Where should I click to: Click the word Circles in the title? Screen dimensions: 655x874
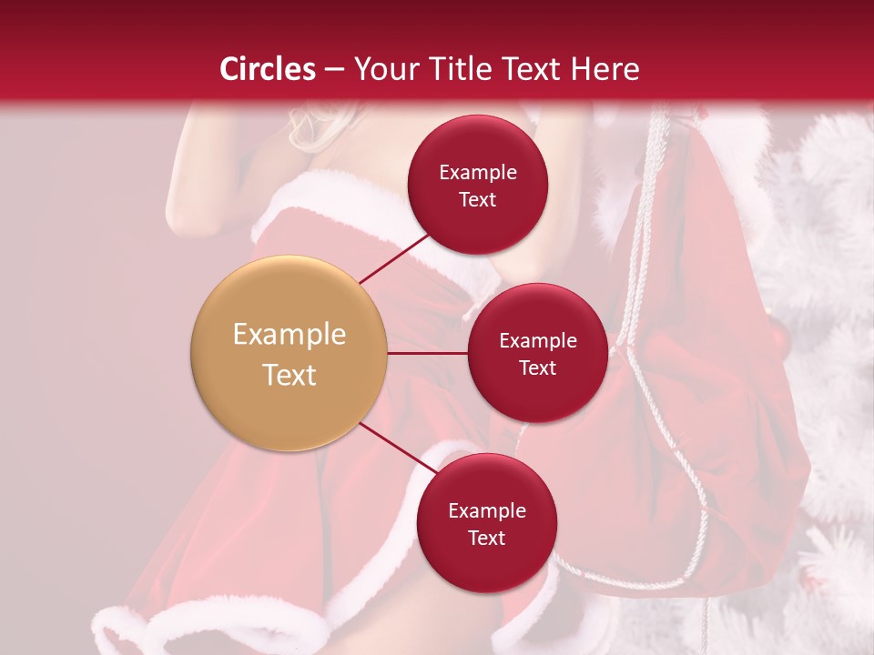267,69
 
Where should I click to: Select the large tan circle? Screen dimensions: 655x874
289,353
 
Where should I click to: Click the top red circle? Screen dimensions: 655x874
477,185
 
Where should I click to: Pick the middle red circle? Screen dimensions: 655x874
537,353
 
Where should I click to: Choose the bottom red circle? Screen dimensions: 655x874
486,523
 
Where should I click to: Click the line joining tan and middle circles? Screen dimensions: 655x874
427,353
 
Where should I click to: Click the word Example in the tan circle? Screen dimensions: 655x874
289,335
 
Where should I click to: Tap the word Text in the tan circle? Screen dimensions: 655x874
289,375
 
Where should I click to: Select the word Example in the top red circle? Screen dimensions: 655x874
477,172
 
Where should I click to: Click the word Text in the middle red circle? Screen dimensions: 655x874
537,368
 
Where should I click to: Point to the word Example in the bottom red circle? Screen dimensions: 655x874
486,510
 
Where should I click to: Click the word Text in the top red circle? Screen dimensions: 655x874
477,199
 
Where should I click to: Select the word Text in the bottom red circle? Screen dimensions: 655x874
486,538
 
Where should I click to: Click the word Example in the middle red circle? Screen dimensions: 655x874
537,340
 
